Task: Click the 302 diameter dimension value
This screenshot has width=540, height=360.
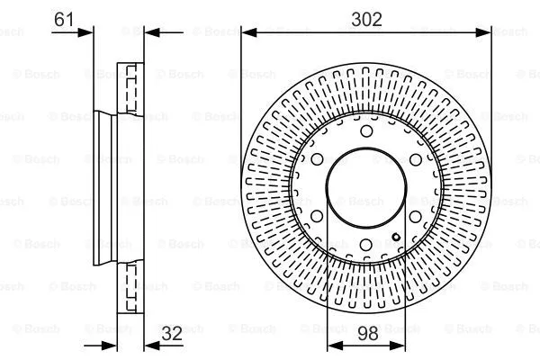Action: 366,17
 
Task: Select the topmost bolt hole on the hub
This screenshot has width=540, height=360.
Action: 366,132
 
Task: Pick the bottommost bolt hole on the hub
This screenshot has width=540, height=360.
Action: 366,247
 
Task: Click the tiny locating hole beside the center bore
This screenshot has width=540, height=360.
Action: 396,237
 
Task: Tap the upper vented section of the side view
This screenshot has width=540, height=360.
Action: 131,90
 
